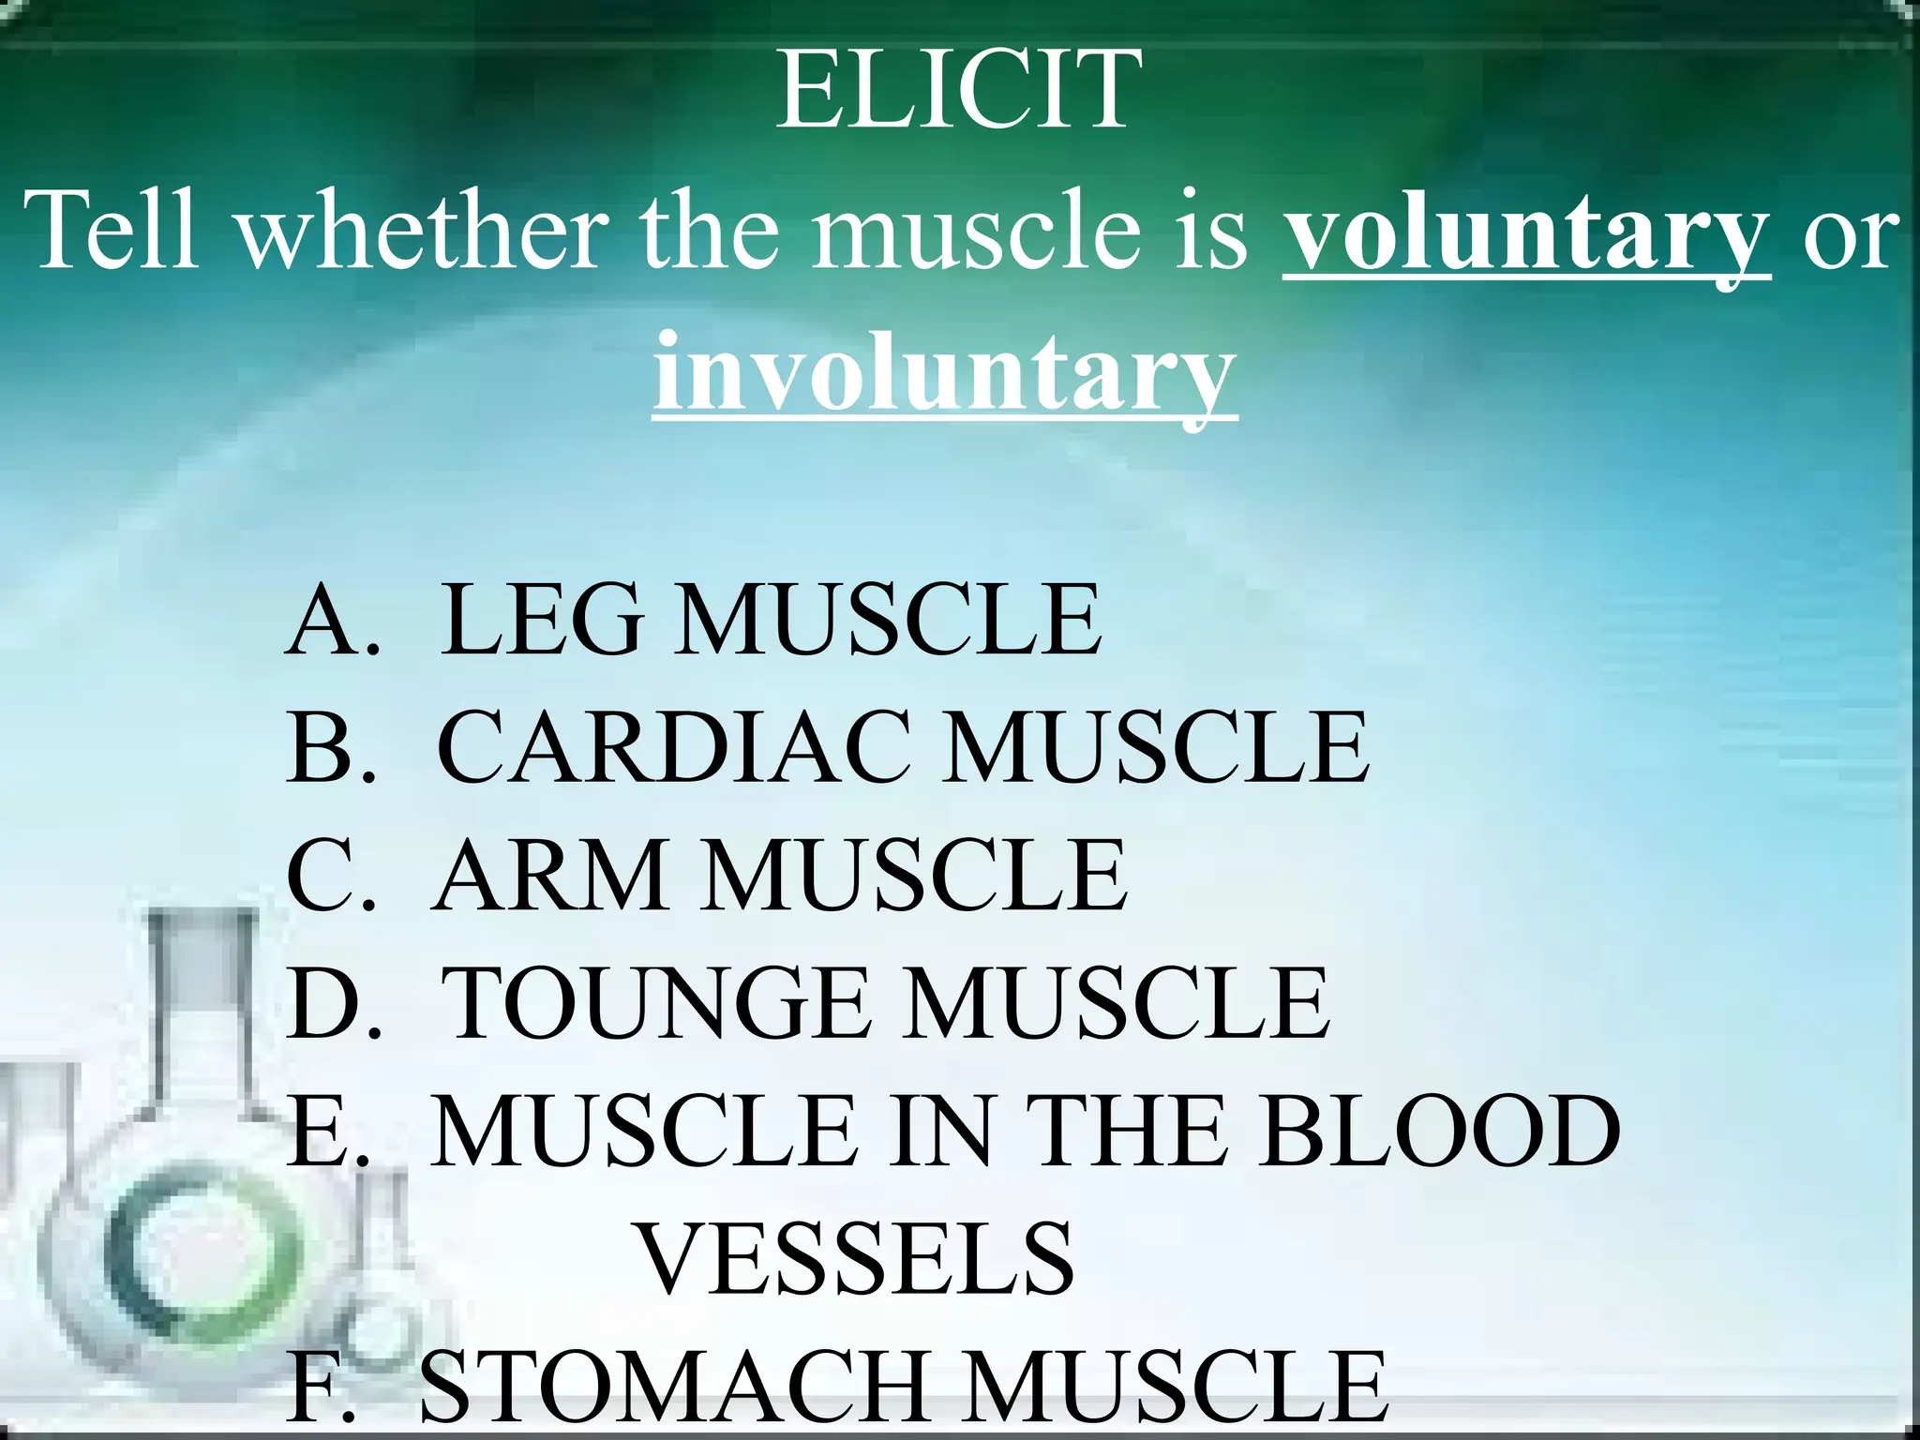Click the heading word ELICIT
click(x=959, y=90)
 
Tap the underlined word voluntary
click(x=1526, y=232)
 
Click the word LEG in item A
click(x=543, y=620)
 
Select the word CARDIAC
click(x=673, y=747)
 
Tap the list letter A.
click(x=323, y=620)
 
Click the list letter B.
click(x=320, y=747)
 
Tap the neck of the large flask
click(x=202, y=994)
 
